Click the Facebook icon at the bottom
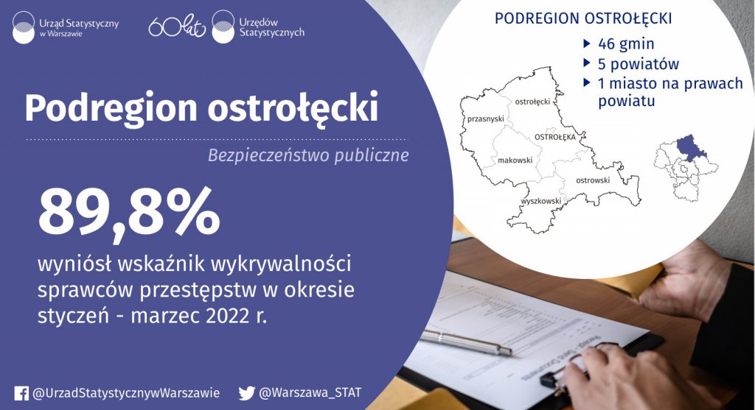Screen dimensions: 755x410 [x=21, y=393]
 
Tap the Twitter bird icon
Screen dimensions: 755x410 [x=246, y=393]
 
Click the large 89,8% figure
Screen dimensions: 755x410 [x=129, y=211]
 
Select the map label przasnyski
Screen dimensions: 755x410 [x=486, y=119]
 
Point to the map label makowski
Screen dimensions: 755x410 [x=515, y=160]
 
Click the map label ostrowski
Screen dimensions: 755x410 [x=593, y=180]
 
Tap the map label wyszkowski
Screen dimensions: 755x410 [x=540, y=201]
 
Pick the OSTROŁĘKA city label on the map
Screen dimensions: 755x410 [x=555, y=137]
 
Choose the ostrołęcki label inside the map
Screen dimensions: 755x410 [x=532, y=102]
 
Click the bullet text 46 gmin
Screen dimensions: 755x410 [x=626, y=43]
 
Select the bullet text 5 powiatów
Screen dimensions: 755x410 [x=639, y=64]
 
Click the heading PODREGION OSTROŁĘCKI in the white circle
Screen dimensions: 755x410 [x=583, y=18]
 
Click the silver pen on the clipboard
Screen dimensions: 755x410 [x=465, y=342]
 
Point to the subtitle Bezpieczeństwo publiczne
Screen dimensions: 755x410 [x=308, y=155]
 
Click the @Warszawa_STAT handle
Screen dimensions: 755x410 [x=310, y=392]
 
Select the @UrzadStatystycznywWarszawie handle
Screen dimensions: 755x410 [x=126, y=393]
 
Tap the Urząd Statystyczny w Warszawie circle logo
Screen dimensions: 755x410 [x=24, y=27]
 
